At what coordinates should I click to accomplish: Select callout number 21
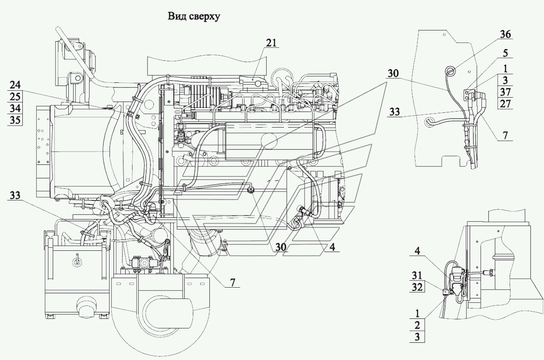click(271, 43)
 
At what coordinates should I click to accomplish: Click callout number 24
click(15, 85)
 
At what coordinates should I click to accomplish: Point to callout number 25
click(15, 97)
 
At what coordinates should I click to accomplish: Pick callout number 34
click(15, 108)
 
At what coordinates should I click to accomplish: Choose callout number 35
click(15, 120)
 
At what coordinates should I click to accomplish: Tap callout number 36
click(505, 34)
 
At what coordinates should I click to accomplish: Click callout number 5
click(505, 53)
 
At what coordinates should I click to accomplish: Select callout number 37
click(505, 92)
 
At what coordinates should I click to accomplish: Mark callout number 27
click(505, 104)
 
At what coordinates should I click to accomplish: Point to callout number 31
click(417, 276)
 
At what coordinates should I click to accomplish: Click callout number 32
click(417, 287)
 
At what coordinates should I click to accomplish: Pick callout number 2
click(417, 325)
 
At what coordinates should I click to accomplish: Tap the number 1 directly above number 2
click(417, 314)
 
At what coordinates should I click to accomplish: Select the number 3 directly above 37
click(505, 80)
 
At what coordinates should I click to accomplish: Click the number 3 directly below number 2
click(417, 337)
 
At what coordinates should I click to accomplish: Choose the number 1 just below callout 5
click(506, 68)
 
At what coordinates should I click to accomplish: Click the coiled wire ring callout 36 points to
click(450, 71)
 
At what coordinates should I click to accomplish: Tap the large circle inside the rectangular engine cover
click(269, 141)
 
